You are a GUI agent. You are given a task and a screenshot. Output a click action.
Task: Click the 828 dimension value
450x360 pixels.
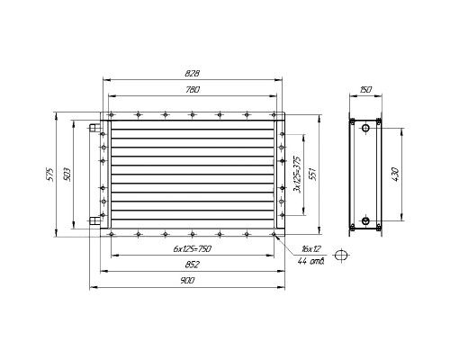tap(193, 74)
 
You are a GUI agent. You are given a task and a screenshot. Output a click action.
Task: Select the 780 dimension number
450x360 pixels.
tap(193, 90)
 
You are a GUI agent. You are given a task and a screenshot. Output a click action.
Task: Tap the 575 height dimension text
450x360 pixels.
tap(50, 175)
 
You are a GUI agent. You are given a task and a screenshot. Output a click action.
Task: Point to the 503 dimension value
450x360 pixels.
tap(67, 175)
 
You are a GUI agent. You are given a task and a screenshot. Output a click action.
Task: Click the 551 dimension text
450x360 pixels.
tap(312, 175)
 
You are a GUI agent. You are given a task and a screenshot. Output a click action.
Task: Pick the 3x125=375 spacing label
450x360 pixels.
tap(298, 175)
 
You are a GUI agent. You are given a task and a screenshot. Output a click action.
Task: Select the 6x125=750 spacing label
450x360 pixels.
tap(193, 248)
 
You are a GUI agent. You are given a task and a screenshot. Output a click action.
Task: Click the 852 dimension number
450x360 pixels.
tap(193, 265)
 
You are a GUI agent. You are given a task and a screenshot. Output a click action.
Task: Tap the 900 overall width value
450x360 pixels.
tap(188, 281)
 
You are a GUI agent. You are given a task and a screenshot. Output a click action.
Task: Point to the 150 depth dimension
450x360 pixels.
tap(365, 90)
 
